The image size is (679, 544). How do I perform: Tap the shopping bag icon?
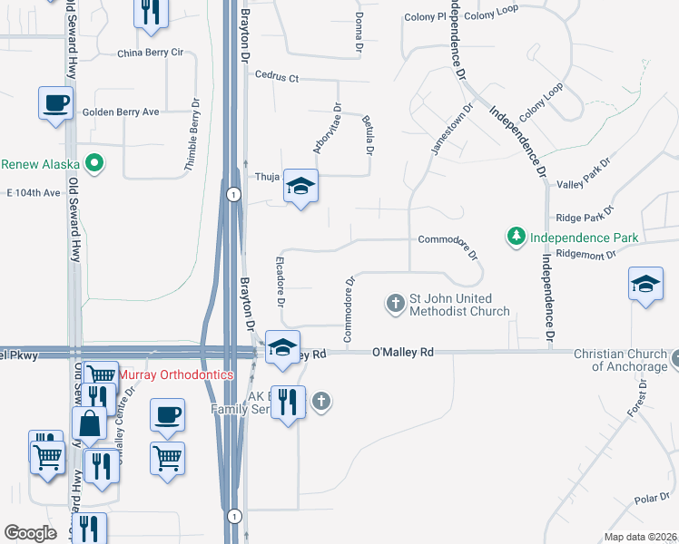[x=89, y=423]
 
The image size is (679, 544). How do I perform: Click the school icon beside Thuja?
[x=300, y=187]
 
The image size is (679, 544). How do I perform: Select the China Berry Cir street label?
[x=151, y=53]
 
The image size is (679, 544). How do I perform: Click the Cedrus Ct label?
[x=277, y=78]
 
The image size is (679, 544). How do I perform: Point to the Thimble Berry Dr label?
[x=193, y=135]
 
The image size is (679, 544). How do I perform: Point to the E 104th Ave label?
[x=33, y=193]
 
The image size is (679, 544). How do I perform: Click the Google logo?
[x=30, y=533]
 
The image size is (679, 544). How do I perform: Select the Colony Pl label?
[x=425, y=17]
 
